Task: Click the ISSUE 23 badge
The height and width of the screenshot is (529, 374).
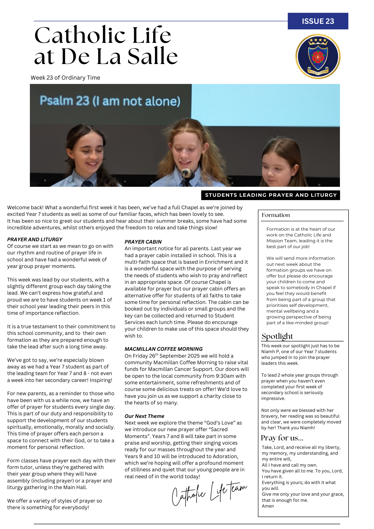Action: [318, 21]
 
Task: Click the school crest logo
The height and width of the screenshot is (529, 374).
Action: [318, 56]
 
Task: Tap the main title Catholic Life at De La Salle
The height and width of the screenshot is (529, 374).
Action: [106, 45]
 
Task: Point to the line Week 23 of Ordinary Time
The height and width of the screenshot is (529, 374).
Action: [65, 78]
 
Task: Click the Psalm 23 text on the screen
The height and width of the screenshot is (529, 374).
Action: [110, 101]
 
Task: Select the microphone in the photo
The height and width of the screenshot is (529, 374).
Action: [187, 174]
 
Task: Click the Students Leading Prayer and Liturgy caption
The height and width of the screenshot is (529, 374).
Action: [271, 195]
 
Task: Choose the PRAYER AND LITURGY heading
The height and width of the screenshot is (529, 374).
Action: [35, 239]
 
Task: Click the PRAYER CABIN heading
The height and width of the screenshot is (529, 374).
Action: [143, 242]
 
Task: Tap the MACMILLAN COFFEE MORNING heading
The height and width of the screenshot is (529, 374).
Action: [163, 349]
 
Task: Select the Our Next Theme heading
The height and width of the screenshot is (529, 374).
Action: [144, 416]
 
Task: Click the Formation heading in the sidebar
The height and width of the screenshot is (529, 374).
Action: [276, 215]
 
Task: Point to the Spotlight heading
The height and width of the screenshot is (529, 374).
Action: [277, 336]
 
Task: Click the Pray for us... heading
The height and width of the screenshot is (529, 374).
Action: [282, 438]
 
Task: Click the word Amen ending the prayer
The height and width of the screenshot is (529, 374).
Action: [268, 506]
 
